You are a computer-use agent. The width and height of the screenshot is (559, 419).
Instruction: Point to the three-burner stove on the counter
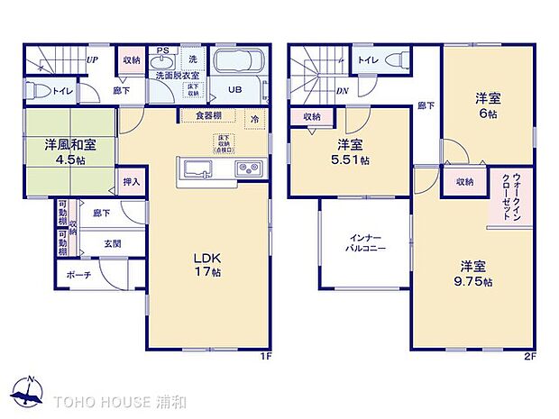coord(248,169)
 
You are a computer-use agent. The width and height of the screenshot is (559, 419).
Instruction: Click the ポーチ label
coord(78,275)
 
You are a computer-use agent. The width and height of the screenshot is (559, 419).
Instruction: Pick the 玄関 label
coord(111,244)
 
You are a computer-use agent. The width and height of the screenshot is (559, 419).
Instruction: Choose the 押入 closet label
coord(132,182)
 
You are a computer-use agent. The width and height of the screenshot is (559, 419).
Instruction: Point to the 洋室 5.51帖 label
coord(352,152)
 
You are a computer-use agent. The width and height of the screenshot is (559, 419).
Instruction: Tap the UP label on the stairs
coord(92,60)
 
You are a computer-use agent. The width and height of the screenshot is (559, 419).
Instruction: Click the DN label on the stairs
coord(342,90)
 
